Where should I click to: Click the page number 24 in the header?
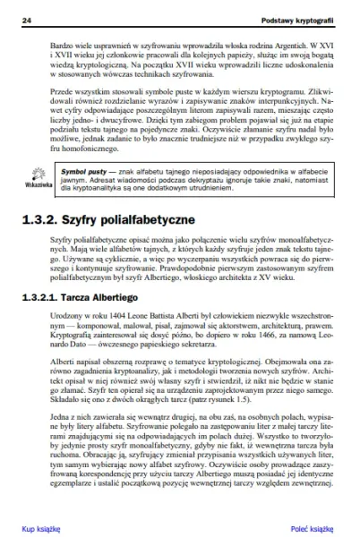[x=28, y=19]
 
